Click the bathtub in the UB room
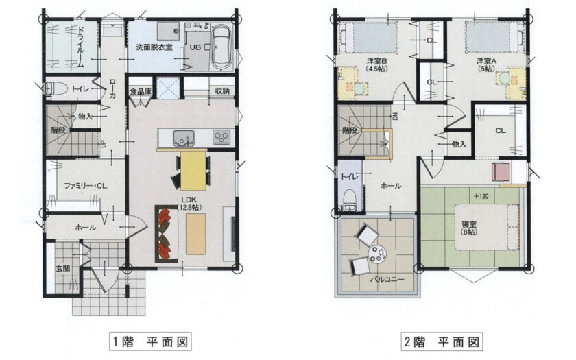pyautogui.click(x=221, y=47)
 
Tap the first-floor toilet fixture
pyautogui.click(x=56, y=88)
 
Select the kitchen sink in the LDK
pyautogui.click(x=184, y=138)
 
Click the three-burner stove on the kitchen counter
pyautogui.click(x=221, y=137)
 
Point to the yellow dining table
pyautogui.click(x=193, y=171)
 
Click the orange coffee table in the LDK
pyautogui.click(x=196, y=234)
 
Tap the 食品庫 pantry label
pyautogui.click(x=141, y=92)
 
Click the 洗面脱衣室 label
pyautogui.click(x=154, y=47)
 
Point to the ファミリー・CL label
pyautogui.click(x=86, y=186)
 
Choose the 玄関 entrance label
pyautogui.click(x=63, y=269)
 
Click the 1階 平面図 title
pyautogui.click(x=150, y=341)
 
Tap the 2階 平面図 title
pyautogui.click(x=442, y=341)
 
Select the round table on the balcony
pyautogui.click(x=377, y=254)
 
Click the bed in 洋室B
pyautogui.click(x=368, y=38)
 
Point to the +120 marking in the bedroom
pyautogui.click(x=481, y=196)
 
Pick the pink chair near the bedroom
pyautogui.click(x=501, y=172)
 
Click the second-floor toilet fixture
pyautogui.click(x=349, y=200)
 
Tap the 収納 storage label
pyautogui.click(x=222, y=91)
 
